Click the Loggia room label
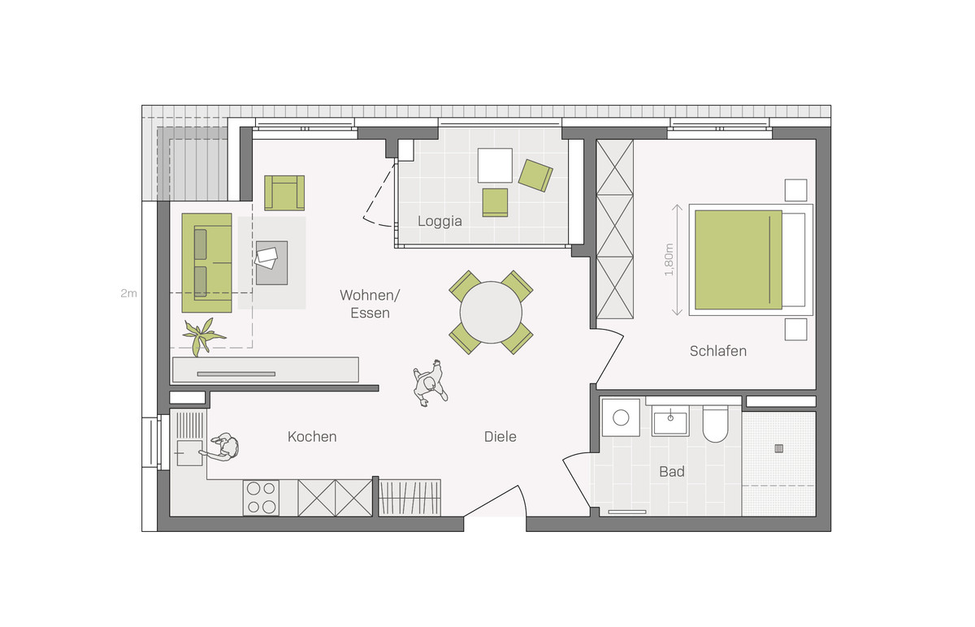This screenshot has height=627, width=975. click(440, 222)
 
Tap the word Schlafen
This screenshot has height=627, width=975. click(717, 351)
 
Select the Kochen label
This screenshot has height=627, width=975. click(312, 436)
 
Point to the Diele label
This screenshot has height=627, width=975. click(500, 436)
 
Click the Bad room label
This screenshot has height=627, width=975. click(672, 471)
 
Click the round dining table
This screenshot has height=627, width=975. click(491, 313)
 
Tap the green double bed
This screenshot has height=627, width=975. click(739, 260)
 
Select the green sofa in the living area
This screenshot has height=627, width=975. click(206, 263)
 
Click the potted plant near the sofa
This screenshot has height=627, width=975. click(203, 335)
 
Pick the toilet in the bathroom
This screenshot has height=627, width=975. click(715, 423)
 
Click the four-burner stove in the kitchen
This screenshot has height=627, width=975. click(261, 498)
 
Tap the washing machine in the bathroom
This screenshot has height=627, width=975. click(621, 417)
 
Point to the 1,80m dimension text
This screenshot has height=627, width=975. click(669, 260)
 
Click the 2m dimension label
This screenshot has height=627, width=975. click(128, 293)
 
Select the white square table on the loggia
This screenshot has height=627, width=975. click(495, 166)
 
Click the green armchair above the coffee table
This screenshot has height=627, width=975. click(284, 192)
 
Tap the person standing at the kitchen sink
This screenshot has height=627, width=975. click(222, 447)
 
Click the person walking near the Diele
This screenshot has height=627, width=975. click(430, 383)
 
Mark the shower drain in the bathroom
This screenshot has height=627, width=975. click(778, 448)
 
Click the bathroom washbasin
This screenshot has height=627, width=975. click(670, 422)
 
